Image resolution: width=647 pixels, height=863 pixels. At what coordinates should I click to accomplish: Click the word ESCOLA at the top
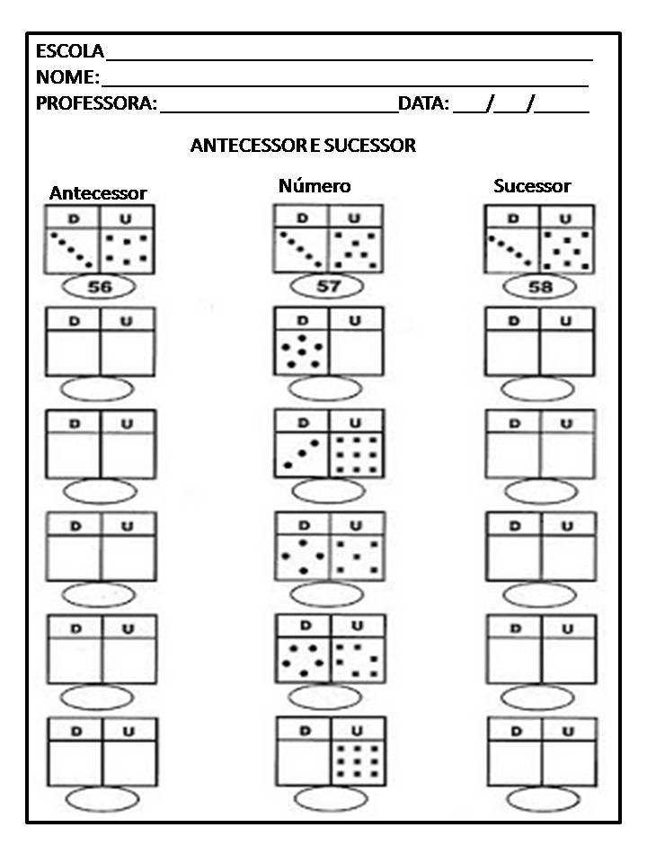(x=69, y=51)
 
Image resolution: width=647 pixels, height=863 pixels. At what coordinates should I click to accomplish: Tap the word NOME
(x=66, y=77)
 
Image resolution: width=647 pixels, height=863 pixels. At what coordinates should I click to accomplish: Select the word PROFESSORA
(x=95, y=103)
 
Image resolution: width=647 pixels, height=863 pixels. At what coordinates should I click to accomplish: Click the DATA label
(x=423, y=103)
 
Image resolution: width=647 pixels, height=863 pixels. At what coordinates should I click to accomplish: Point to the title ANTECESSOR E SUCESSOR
(x=303, y=146)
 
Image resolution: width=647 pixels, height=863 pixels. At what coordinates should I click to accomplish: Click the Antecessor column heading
(x=98, y=193)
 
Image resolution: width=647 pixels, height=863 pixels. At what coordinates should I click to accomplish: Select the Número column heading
(x=315, y=186)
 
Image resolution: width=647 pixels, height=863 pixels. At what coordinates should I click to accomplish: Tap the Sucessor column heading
(x=532, y=186)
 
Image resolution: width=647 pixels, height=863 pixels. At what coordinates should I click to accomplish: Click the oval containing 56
(x=99, y=287)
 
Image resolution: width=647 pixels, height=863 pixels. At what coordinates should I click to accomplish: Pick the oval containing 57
(x=327, y=287)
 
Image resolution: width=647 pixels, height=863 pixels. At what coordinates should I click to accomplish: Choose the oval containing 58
(x=537, y=287)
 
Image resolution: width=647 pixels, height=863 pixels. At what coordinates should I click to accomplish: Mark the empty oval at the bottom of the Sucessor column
(x=538, y=799)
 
